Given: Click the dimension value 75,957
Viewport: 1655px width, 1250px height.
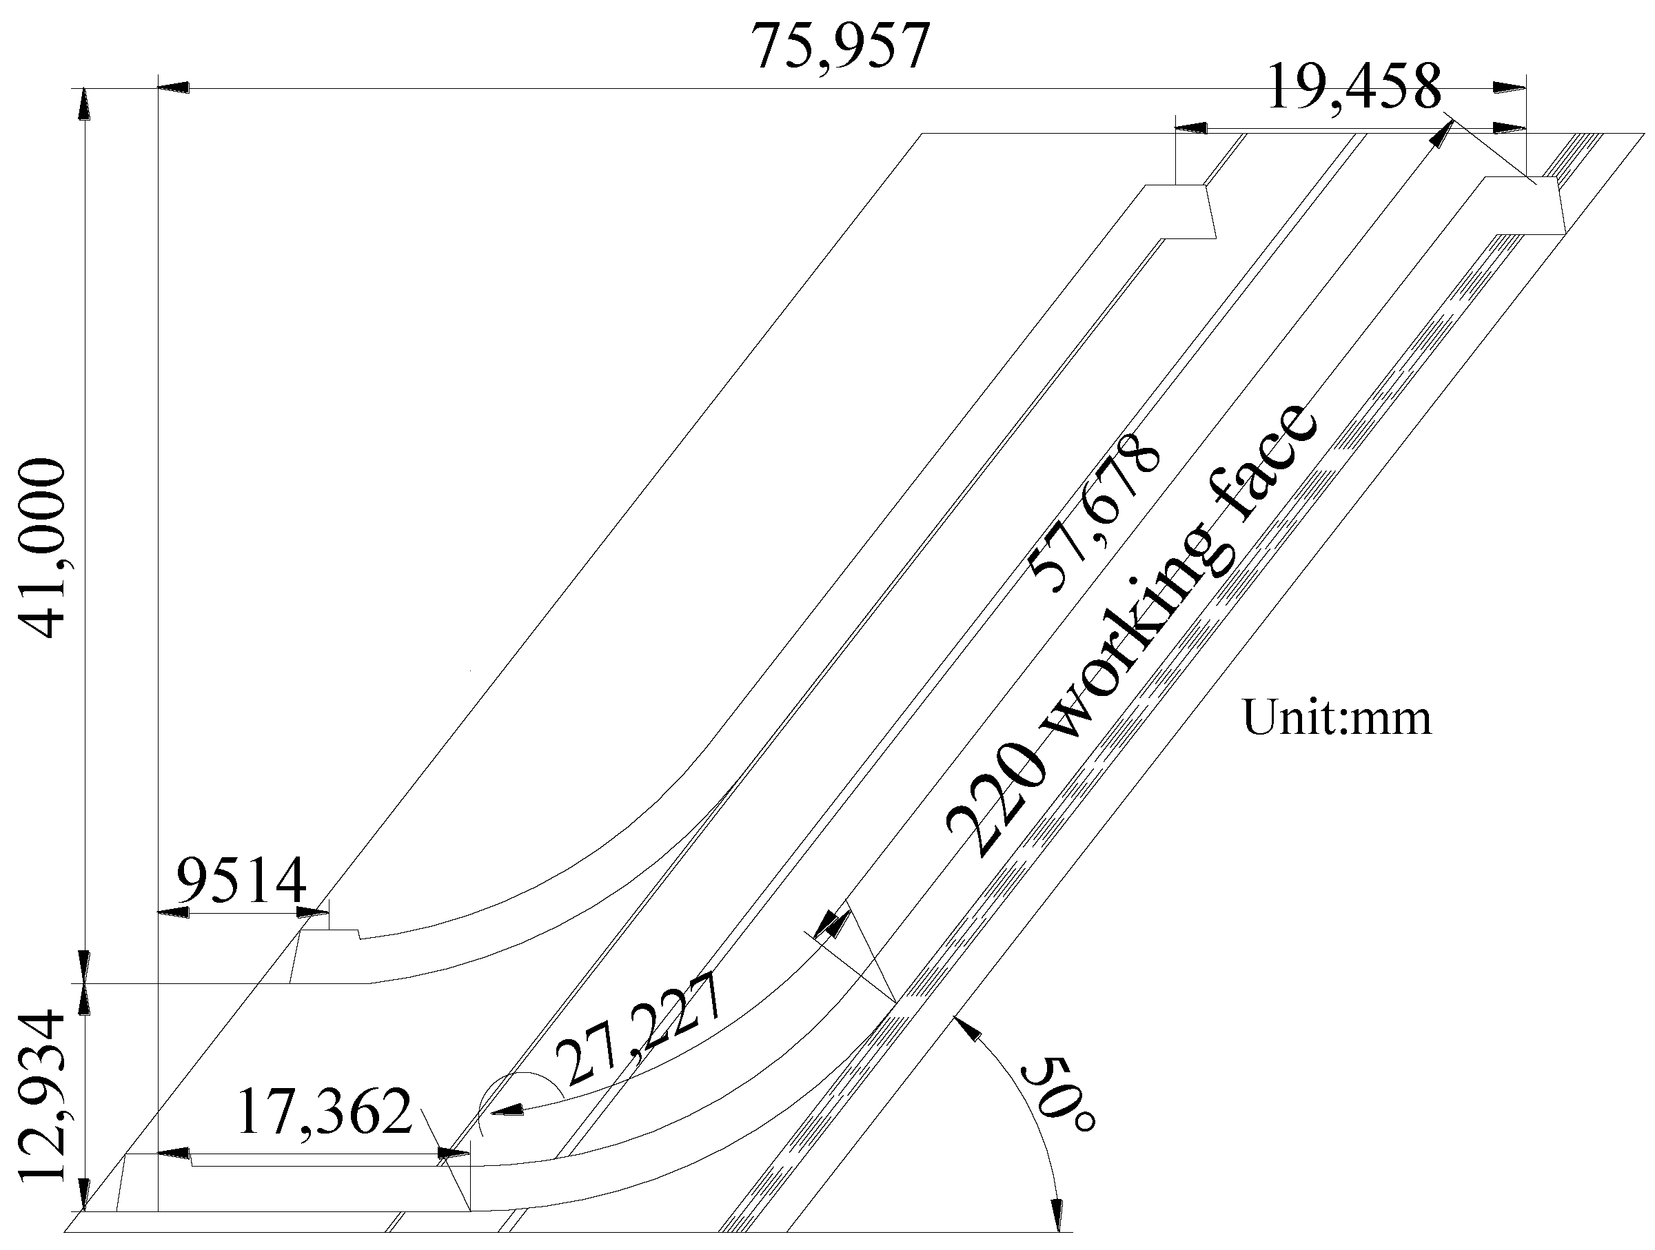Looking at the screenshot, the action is [841, 45].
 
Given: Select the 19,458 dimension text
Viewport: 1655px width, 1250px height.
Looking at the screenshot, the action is [1354, 87].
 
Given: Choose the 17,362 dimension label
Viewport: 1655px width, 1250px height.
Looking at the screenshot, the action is [325, 1112].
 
